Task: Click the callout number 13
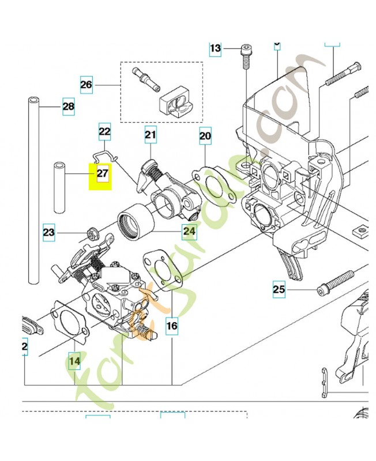coord(215,48)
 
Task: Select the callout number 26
coord(86,85)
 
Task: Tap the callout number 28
coord(68,107)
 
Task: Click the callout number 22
coord(104,131)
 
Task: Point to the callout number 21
coord(151,135)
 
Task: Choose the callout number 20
coord(205,136)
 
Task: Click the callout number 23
coord(49,233)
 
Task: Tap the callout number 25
coord(279,289)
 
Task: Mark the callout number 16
coord(172,326)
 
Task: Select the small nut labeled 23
coord(91,233)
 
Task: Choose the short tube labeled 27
coord(59,187)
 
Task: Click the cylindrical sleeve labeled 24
coord(134,225)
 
